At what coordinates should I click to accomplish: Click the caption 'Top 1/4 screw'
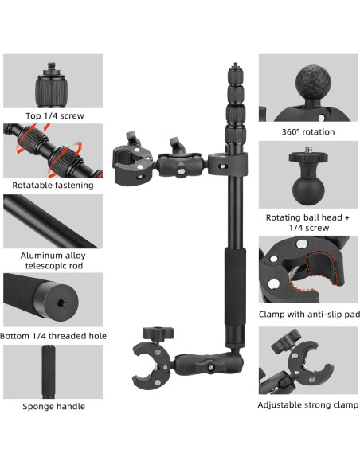[55, 116]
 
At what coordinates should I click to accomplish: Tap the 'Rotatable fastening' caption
[53, 186]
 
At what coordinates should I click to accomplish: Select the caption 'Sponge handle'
[53, 406]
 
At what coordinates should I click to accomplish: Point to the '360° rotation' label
[308, 131]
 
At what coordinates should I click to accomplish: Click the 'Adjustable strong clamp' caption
[307, 404]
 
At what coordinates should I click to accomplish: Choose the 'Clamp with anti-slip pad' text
[309, 315]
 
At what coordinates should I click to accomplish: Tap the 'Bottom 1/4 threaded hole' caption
[53, 336]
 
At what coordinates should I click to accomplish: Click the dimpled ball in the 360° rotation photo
[313, 82]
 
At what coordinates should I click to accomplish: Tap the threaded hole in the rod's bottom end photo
[61, 303]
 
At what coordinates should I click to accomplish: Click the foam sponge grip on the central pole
[235, 286]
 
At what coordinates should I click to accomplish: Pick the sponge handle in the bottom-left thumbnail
[49, 371]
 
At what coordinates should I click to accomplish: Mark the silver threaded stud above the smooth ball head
[308, 150]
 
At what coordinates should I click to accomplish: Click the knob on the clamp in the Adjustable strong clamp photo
[286, 341]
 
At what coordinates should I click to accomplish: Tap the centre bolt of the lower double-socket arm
[211, 367]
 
